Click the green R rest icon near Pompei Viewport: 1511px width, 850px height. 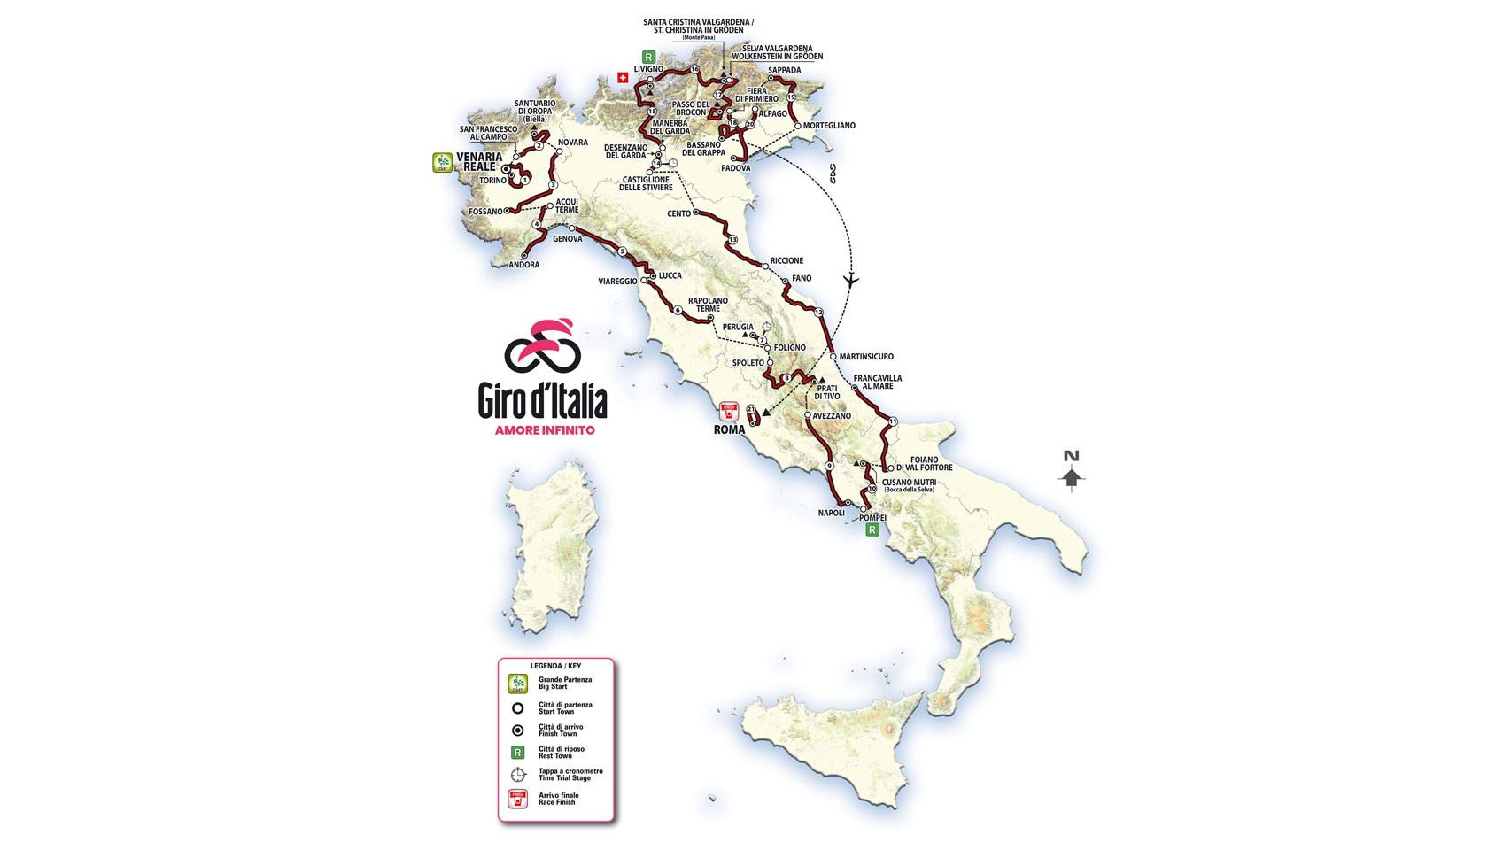click(x=872, y=530)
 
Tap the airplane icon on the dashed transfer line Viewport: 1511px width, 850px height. click(x=852, y=281)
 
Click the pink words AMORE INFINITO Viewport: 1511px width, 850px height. click(x=544, y=431)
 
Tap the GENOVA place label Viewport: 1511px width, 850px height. click(x=567, y=239)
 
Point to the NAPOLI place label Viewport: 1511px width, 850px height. click(x=831, y=513)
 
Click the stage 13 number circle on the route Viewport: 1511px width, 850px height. click(x=732, y=241)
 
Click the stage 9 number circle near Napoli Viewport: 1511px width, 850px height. click(x=829, y=467)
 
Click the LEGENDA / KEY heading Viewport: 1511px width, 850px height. click(x=555, y=664)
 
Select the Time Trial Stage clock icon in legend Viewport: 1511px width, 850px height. click(x=518, y=774)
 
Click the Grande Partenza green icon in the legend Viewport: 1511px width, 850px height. click(x=516, y=684)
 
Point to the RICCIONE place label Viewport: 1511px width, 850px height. click(x=786, y=260)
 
